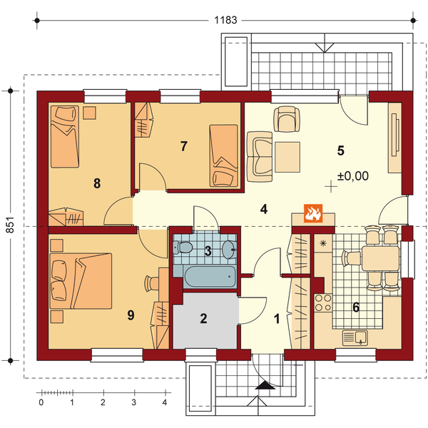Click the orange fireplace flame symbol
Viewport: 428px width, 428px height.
coord(313,213)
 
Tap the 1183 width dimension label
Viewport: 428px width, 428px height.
coord(225,20)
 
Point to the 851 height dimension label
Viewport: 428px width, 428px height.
coord(10,225)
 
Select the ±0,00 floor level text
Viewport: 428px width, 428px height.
coord(353,175)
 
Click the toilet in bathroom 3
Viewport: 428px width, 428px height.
coord(183,248)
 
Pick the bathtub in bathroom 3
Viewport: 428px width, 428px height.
coord(210,277)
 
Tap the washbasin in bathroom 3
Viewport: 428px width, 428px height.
coord(229,249)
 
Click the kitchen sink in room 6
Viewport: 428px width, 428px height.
coord(355,337)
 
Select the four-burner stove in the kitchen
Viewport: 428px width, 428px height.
coord(323,302)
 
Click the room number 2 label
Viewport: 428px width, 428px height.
coord(203,319)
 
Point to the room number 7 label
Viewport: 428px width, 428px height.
coord(184,146)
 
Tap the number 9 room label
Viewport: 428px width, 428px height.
coord(131,315)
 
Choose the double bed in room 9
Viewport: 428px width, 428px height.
coord(81,281)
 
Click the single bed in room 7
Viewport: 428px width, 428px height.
coord(223,156)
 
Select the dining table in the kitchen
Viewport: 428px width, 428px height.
coord(381,258)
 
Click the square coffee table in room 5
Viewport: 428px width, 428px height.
coord(287,157)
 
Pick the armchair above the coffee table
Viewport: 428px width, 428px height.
coord(287,119)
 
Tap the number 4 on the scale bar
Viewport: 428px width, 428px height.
coord(165,402)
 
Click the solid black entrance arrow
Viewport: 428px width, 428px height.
coord(265,385)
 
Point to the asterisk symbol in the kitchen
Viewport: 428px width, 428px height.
coord(323,243)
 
